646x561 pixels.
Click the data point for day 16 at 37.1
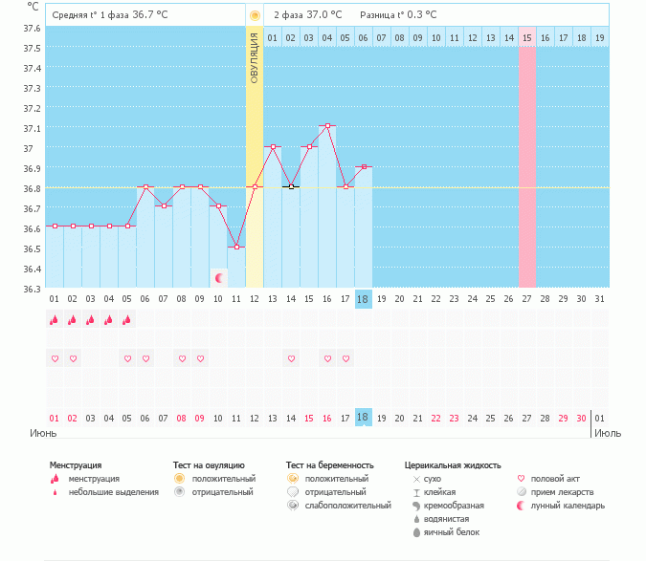(327, 126)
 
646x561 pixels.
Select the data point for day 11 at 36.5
(236, 247)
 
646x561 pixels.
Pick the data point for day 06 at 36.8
(145, 187)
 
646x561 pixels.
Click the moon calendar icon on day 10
(219, 277)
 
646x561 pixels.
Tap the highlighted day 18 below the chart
(363, 418)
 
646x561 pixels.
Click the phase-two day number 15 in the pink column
(526, 37)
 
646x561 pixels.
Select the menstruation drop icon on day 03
(91, 320)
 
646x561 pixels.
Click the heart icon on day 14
(291, 359)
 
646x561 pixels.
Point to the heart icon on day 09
(200, 359)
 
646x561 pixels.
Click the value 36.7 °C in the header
(150, 15)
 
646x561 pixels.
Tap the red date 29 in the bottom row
(563, 418)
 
